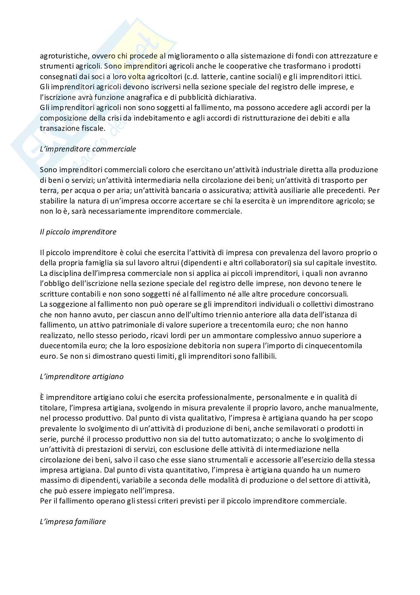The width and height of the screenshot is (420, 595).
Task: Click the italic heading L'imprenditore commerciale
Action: pos(88,149)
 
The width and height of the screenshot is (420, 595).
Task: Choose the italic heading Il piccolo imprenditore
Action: pos(78,232)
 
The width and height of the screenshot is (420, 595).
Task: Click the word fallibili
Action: pos(259,356)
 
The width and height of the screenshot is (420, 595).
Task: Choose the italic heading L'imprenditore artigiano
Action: pos(82,376)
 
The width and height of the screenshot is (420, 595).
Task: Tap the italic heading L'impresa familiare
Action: pos(73,522)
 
